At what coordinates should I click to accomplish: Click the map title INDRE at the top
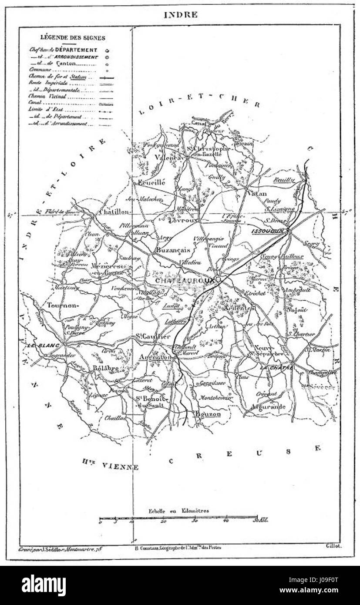pos(180,15)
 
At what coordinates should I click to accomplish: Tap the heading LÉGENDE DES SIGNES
pos(72,38)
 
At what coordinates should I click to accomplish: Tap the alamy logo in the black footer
pos(44,585)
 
